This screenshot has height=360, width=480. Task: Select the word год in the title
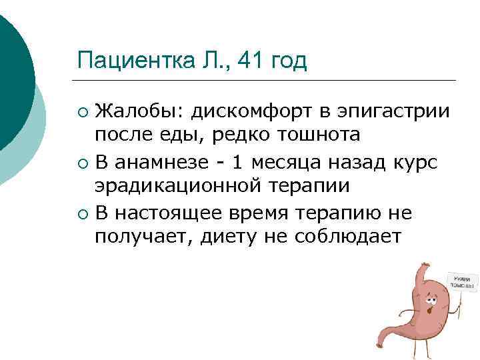285,61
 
